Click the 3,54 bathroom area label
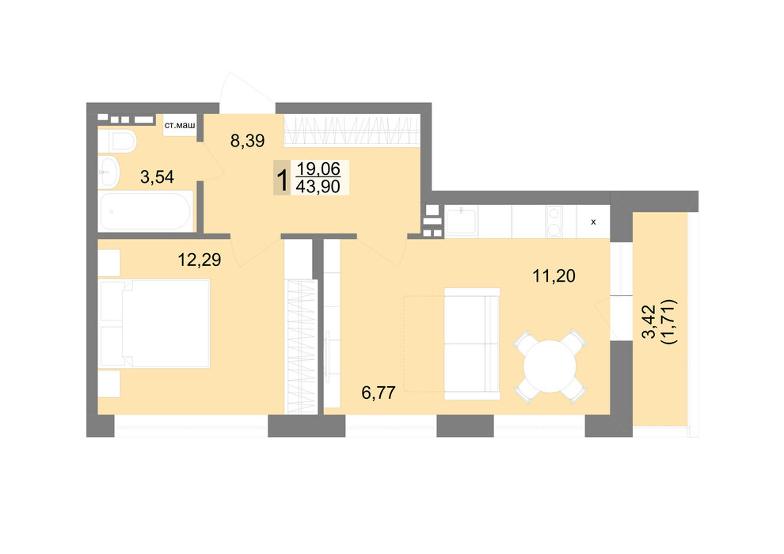click(157, 176)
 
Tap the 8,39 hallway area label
click(248, 141)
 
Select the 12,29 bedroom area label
click(200, 260)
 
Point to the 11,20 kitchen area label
click(554, 275)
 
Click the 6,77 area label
click(379, 393)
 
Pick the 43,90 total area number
click(318, 187)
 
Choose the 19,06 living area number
click(318, 169)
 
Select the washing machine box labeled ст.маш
click(180, 125)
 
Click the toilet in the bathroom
click(117, 142)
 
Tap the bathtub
click(145, 211)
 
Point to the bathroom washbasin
click(108, 173)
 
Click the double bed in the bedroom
click(155, 324)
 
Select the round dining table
click(550, 366)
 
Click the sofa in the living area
click(472, 343)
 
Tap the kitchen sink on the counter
click(461, 222)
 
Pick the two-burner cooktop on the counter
click(554, 222)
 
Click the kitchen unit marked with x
click(593, 222)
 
